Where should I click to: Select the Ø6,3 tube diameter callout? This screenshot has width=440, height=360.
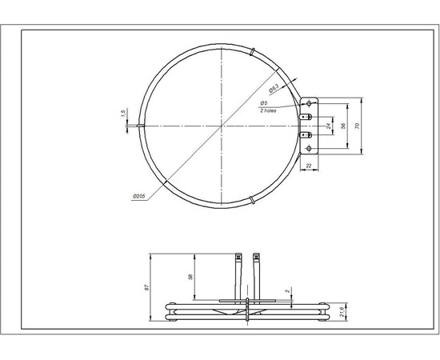273,89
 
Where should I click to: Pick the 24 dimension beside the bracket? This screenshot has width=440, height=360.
328,126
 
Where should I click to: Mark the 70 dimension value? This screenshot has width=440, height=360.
361,126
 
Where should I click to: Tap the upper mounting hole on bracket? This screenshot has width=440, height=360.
311,105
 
